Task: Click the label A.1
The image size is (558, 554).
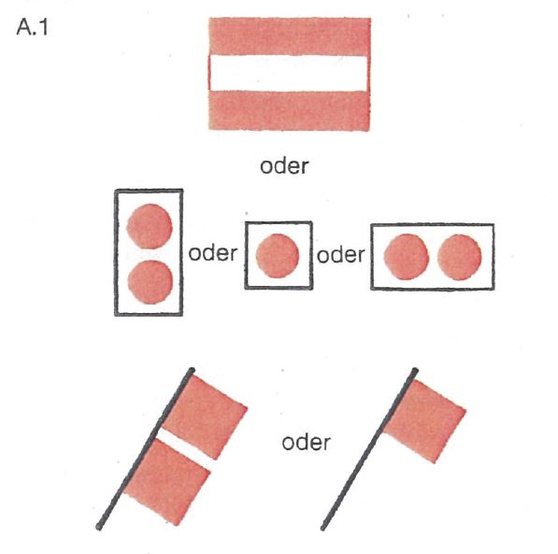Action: click(x=32, y=27)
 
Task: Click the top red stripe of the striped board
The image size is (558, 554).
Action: click(x=290, y=36)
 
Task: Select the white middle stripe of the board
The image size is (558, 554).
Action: click(x=289, y=73)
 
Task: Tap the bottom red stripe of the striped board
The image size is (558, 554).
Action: click(x=289, y=110)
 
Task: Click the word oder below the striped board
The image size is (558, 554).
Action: click(x=284, y=166)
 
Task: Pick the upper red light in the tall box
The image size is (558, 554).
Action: click(x=150, y=226)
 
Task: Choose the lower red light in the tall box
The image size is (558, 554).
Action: click(x=150, y=282)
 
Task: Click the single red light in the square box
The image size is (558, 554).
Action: click(x=278, y=255)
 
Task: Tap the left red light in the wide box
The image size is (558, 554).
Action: click(x=406, y=257)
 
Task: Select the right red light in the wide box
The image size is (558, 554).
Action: click(x=460, y=257)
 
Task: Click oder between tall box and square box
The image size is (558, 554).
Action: click(x=213, y=253)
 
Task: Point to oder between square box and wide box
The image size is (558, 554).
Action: click(x=341, y=255)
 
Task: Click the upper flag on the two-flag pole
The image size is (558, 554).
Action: click(x=206, y=417)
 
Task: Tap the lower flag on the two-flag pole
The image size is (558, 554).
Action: click(x=167, y=482)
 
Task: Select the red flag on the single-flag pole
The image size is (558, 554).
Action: click(x=424, y=421)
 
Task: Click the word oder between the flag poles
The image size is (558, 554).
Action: click(x=306, y=443)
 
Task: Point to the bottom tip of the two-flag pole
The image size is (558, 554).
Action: click(x=99, y=527)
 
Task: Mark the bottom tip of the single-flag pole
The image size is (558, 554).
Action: click(x=323, y=528)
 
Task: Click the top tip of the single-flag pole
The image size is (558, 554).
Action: click(x=415, y=371)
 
